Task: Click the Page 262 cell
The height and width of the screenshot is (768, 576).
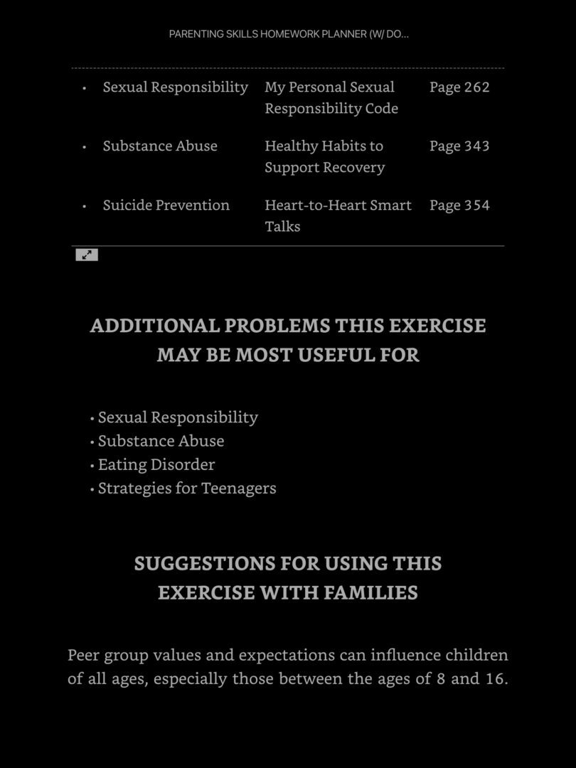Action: (x=459, y=87)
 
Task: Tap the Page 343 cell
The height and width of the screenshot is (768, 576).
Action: (x=459, y=146)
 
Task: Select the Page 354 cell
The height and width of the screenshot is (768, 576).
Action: (x=459, y=205)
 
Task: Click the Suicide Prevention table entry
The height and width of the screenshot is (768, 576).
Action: (x=166, y=205)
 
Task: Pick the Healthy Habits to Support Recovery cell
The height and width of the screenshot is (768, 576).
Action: (x=324, y=156)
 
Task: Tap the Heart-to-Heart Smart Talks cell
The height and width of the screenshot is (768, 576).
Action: (x=338, y=215)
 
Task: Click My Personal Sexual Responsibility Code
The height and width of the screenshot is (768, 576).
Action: (x=331, y=97)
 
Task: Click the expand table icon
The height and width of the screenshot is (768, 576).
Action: (x=87, y=255)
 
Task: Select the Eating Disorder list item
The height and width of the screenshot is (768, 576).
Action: (x=156, y=464)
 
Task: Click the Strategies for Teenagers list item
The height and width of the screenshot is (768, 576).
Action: (x=186, y=488)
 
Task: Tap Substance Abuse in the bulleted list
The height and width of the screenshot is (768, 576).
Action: (x=161, y=441)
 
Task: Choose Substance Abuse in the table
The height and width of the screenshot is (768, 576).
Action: (x=160, y=146)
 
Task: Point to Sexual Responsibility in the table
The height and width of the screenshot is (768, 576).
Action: (x=175, y=87)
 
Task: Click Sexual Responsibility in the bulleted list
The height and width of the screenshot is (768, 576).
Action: (x=178, y=417)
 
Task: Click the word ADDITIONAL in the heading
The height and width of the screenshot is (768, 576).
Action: (x=154, y=326)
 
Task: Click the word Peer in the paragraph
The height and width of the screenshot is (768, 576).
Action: (x=83, y=655)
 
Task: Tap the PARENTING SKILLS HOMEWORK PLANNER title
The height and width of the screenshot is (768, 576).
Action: (x=289, y=34)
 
